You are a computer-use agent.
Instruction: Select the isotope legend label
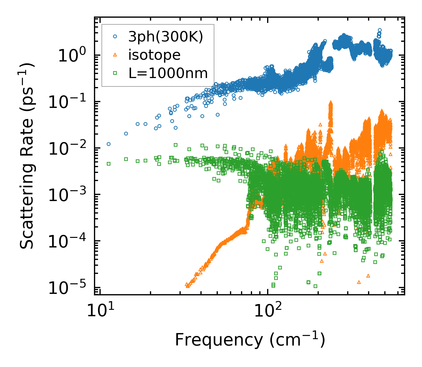click(154, 55)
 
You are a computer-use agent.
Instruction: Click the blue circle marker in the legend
click(115, 37)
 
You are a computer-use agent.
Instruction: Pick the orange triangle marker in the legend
click(115, 55)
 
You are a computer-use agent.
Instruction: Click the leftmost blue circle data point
click(108, 144)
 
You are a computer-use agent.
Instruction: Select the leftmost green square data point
click(108, 164)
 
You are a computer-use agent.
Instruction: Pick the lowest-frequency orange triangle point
click(187, 286)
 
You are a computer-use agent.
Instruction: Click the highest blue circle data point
click(380, 30)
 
